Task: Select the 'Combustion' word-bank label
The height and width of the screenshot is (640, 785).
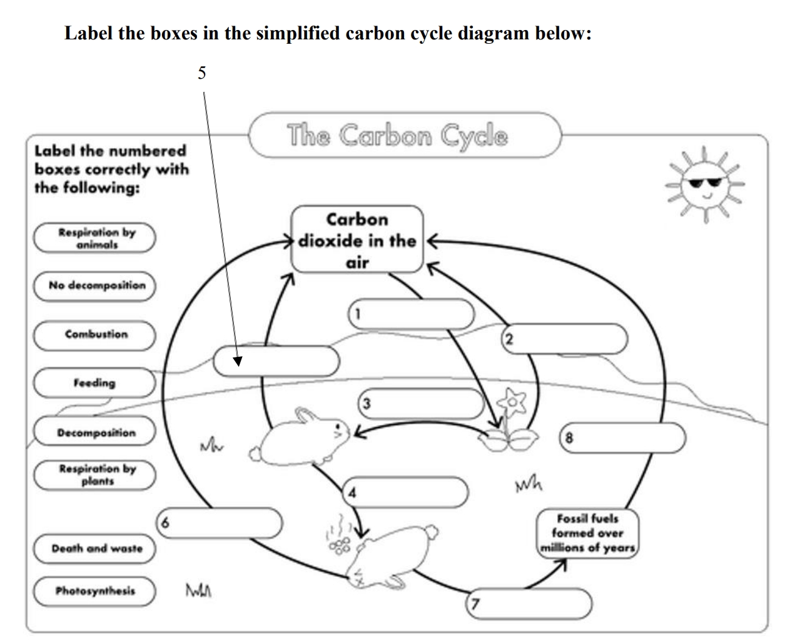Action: point(94,335)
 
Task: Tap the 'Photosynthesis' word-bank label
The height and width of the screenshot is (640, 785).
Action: point(94,591)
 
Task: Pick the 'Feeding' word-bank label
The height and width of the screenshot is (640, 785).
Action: point(94,382)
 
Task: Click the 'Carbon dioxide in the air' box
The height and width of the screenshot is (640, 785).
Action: point(357,240)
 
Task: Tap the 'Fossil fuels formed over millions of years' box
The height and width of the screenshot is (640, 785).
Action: point(587,533)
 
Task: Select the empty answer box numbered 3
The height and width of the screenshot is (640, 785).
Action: point(421,403)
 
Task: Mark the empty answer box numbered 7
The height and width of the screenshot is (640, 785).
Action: point(529,603)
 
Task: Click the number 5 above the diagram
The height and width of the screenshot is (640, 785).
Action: point(201,73)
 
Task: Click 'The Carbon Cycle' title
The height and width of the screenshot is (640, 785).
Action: point(398,135)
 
